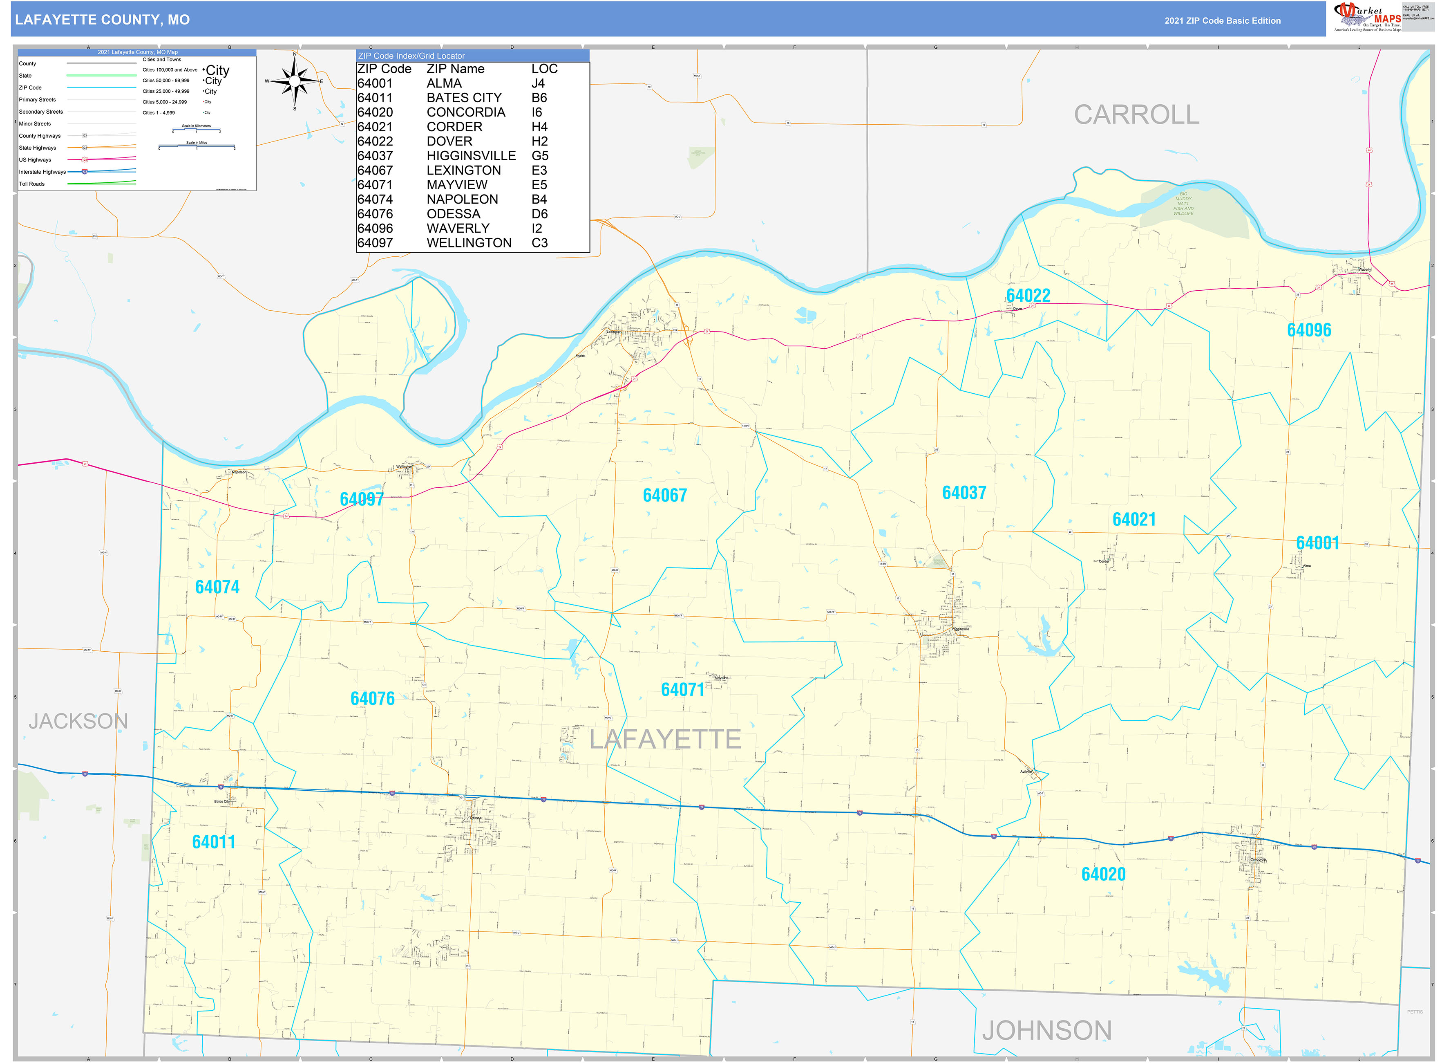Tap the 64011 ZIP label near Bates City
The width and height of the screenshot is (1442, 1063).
tap(214, 842)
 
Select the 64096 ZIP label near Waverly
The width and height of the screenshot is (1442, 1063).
tap(1309, 330)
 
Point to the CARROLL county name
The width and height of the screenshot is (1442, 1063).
tap(1136, 115)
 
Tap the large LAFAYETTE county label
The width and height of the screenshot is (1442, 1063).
tap(665, 739)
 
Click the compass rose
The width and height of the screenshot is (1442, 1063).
tap(295, 81)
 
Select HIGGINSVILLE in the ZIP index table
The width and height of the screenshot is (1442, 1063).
tap(471, 156)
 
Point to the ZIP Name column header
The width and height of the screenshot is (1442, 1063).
tap(455, 69)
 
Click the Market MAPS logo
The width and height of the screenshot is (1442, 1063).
tap(1368, 17)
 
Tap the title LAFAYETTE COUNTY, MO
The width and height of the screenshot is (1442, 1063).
tap(102, 20)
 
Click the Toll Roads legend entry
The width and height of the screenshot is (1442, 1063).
tap(32, 184)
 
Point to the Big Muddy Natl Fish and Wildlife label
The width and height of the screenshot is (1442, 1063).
tap(1183, 203)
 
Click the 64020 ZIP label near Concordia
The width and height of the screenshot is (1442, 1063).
tap(1103, 874)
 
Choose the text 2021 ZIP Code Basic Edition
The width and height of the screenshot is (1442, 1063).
tap(1222, 20)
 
